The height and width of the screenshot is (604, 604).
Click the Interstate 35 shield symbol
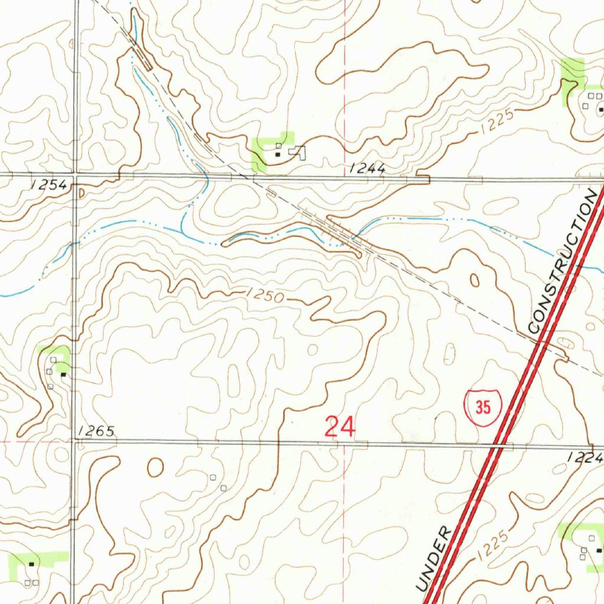coord(482,408)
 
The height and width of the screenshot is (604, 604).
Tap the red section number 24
coord(340,427)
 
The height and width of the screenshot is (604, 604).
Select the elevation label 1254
coord(49,185)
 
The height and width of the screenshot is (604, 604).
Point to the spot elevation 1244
coord(367,169)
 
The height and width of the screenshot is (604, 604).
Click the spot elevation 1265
coord(95,432)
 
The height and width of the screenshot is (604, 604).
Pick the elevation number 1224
coord(586,457)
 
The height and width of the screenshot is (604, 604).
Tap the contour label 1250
coord(265,295)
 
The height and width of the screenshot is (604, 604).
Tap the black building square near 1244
coord(278,154)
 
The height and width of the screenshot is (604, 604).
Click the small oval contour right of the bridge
coord(474,281)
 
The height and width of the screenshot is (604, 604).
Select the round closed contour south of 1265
coord(155,467)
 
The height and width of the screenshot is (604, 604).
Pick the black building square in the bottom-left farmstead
coord(32,564)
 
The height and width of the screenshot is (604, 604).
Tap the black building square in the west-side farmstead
coord(63,374)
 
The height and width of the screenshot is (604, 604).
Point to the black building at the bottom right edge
coord(599,550)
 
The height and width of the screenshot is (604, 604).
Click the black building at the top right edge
coord(600,109)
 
